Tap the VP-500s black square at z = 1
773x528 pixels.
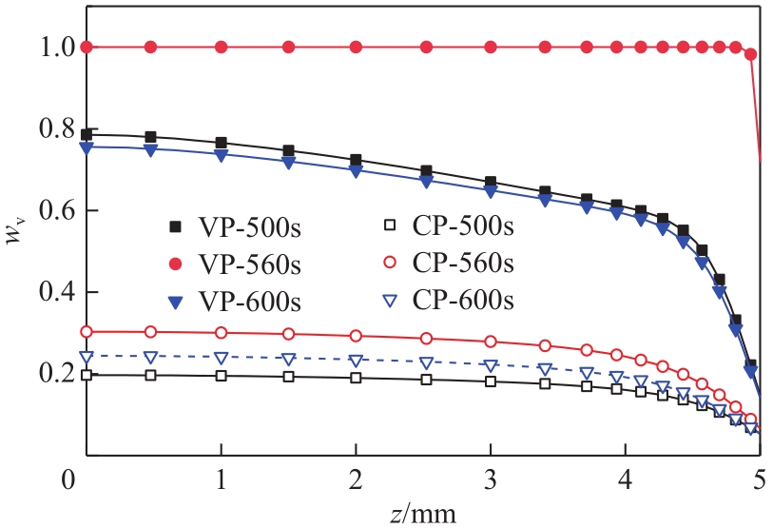pos(222,144)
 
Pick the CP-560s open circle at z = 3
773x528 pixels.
pos(491,342)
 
